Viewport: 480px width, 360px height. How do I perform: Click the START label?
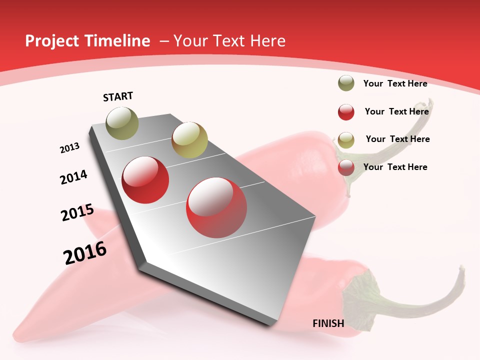click(x=118, y=96)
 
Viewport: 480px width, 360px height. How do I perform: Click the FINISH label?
click(x=328, y=323)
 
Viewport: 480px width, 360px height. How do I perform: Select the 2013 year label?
click(x=70, y=148)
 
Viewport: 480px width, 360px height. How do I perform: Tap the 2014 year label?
click(x=74, y=177)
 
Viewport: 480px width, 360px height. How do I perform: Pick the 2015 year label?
click(x=77, y=213)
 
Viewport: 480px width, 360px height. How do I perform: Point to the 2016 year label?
click(x=85, y=253)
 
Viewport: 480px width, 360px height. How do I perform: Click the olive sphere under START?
click(x=122, y=123)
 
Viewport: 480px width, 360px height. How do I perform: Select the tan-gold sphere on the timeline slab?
click(x=189, y=140)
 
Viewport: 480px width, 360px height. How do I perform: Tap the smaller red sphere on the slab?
click(x=145, y=180)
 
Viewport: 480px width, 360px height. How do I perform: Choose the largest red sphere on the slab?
click(x=216, y=207)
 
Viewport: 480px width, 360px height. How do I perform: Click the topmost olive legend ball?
click(x=346, y=83)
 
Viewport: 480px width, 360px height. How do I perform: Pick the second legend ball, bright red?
click(x=346, y=112)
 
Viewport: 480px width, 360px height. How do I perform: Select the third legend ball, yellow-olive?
click(x=346, y=140)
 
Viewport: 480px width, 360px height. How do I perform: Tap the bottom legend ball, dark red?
click(x=346, y=167)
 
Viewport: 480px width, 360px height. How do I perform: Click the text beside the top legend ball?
click(x=395, y=83)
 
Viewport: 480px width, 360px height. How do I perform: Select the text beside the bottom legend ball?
click(x=395, y=167)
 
